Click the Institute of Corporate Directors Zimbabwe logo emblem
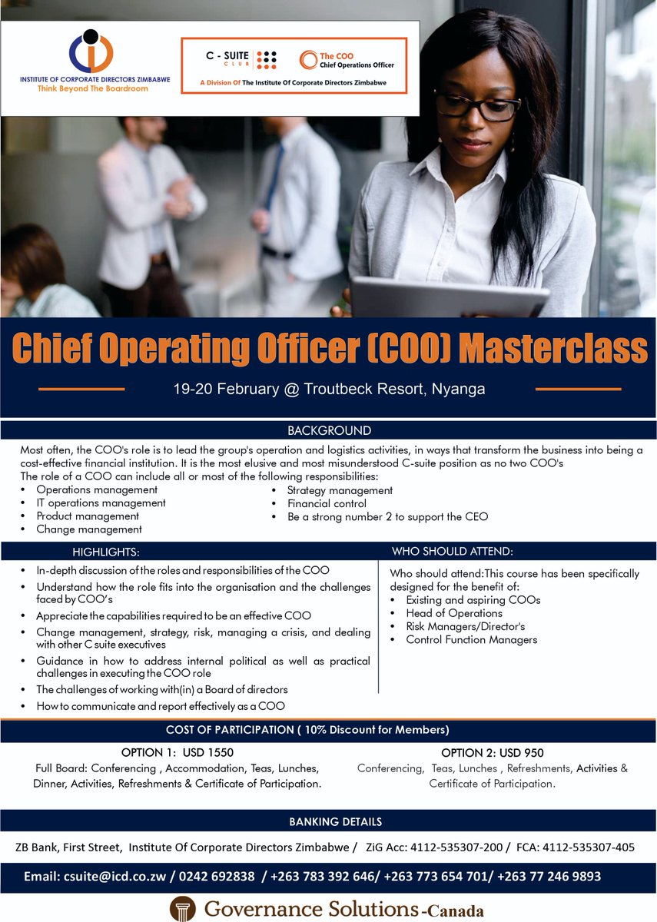click(x=91, y=51)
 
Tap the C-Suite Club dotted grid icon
click(x=266, y=59)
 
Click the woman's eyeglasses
click(x=476, y=105)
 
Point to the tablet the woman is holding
click(x=449, y=297)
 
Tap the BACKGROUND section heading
click(x=329, y=430)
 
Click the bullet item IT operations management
click(x=101, y=503)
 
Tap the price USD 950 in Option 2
click(x=518, y=752)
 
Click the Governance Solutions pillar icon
click(x=182, y=909)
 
